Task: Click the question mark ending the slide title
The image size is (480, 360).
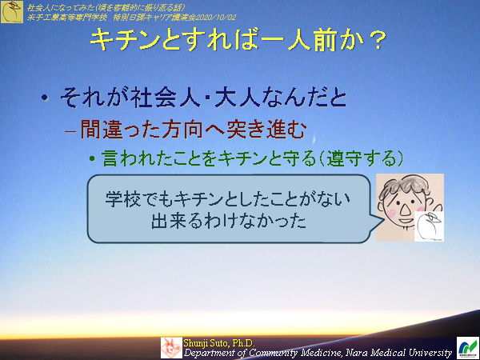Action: (x=382, y=41)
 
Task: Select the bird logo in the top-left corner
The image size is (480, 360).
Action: (x=11, y=12)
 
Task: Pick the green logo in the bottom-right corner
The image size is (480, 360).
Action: (x=466, y=346)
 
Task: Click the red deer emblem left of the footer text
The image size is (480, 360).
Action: (x=171, y=346)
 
